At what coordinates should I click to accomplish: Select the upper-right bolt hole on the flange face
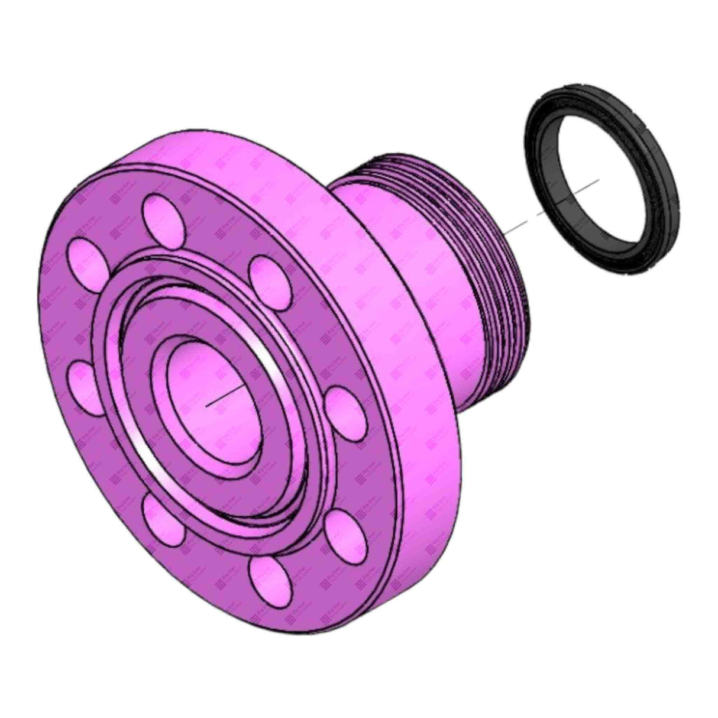pos(269,276)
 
